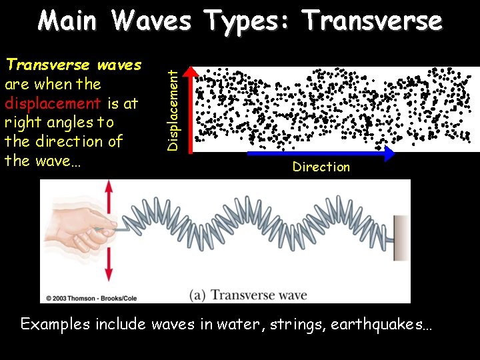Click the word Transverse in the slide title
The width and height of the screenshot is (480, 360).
372,21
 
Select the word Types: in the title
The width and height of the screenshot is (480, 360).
243,21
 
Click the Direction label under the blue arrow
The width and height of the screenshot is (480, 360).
321,167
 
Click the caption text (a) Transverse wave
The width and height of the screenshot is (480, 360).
249,295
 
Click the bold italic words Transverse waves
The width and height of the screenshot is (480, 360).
73,65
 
